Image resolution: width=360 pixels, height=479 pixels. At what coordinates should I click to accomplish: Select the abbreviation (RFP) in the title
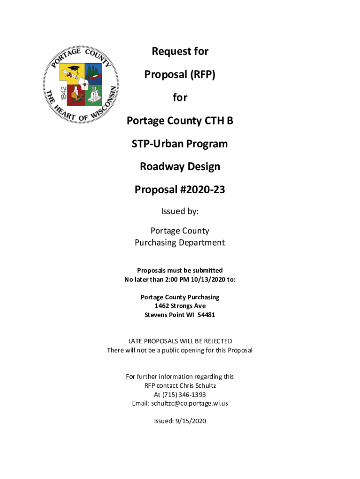(199, 74)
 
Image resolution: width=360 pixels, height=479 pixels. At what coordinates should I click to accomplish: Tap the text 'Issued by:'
(180, 211)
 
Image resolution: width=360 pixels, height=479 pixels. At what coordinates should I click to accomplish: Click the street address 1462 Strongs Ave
(180, 306)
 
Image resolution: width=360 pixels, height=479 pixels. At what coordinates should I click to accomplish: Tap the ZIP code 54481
(206, 315)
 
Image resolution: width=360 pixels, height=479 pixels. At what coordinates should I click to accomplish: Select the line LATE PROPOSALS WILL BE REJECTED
(180, 341)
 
